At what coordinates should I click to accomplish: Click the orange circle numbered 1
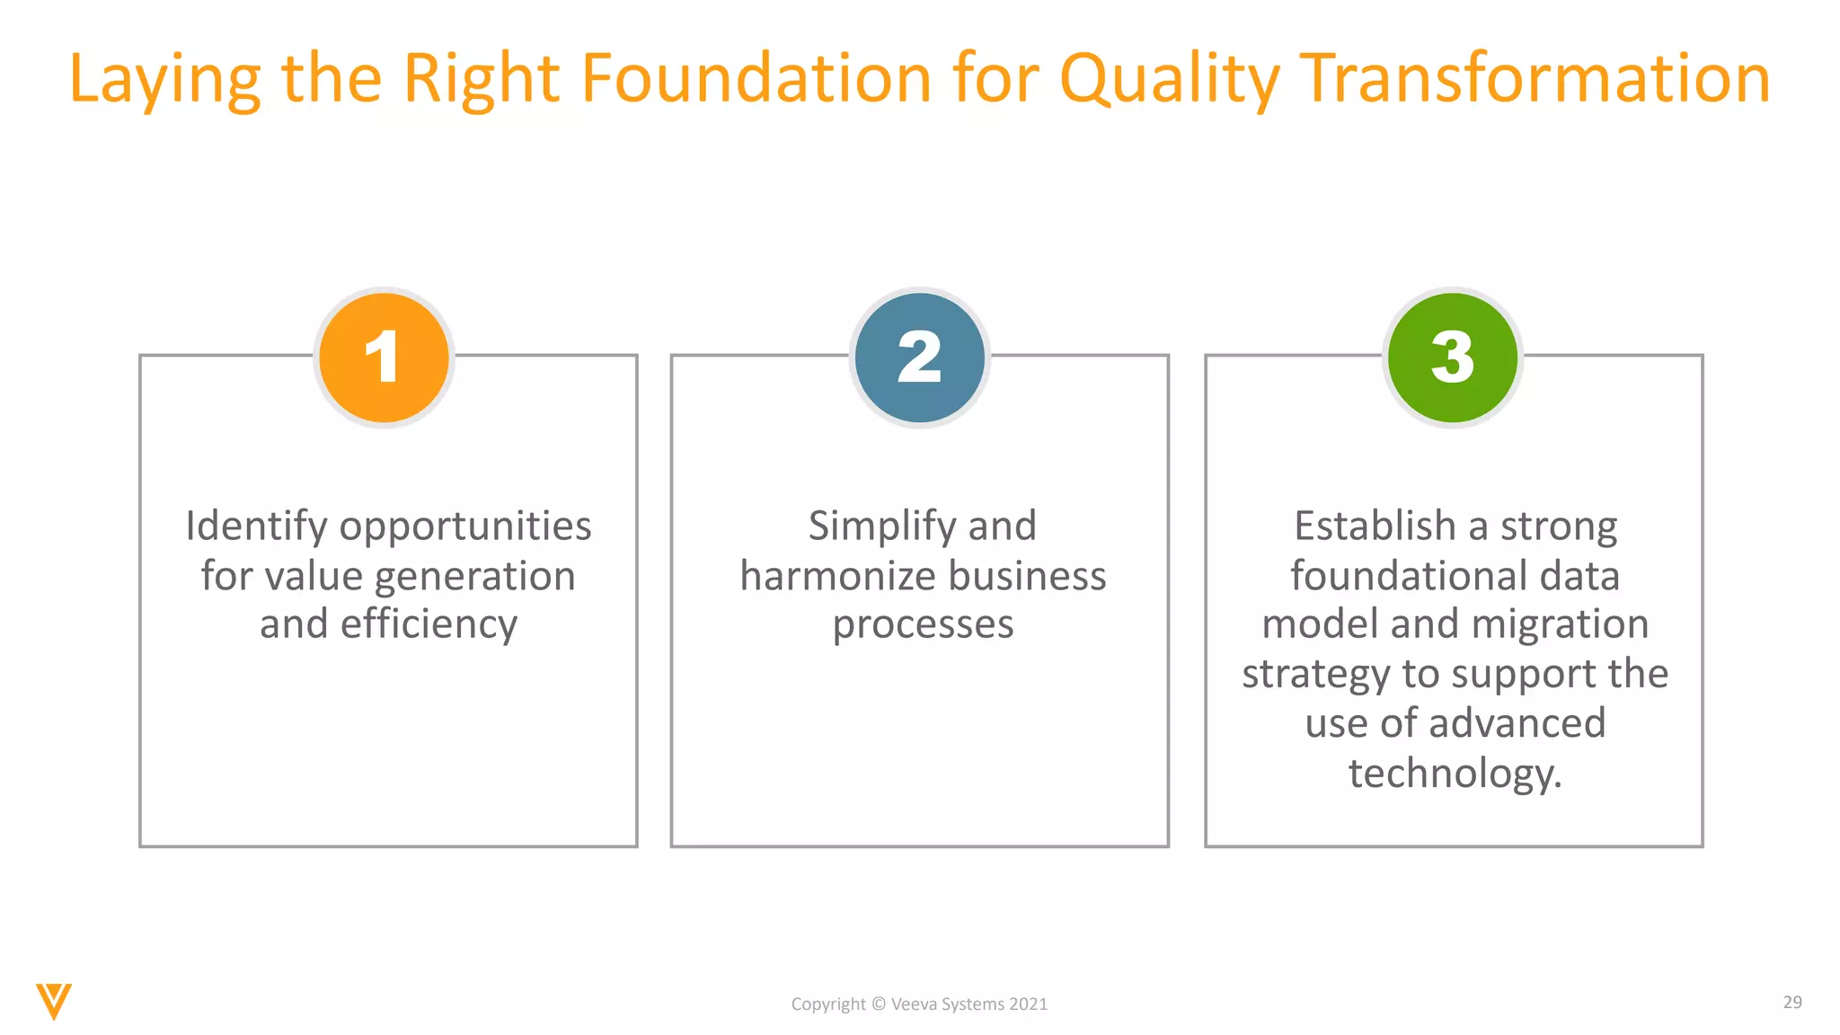coord(384,358)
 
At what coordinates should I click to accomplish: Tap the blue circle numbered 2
coord(919,358)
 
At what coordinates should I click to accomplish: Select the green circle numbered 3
coord(1453,358)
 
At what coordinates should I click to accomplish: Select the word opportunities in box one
coord(465,527)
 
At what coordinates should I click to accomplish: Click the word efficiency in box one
coord(429,625)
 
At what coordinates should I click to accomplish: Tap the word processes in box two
coord(923,625)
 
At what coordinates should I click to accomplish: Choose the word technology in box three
coord(1455,774)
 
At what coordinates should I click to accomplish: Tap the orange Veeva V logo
coord(54,1001)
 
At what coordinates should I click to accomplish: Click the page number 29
coord(1791,1002)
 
